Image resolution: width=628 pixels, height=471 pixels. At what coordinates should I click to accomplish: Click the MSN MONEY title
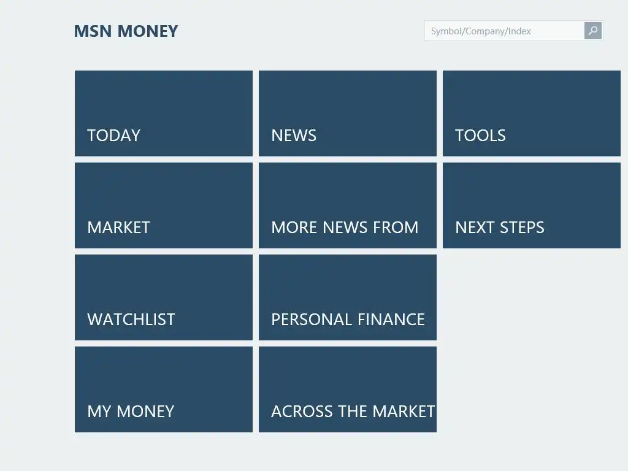tap(126, 31)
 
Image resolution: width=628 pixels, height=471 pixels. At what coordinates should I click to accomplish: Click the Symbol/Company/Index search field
tap(504, 31)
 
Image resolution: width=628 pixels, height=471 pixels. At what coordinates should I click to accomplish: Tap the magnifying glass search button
tap(593, 31)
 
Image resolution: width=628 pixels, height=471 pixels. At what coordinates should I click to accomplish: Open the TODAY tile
tap(163, 113)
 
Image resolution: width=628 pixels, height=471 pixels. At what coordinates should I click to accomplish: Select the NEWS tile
tap(348, 113)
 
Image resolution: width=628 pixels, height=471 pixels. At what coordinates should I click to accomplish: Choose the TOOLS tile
tap(532, 113)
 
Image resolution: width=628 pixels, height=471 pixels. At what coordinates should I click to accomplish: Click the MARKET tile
tap(163, 205)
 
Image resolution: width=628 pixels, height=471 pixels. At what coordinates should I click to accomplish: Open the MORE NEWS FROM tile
tap(348, 205)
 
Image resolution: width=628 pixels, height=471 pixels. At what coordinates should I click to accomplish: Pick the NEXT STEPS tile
tap(532, 205)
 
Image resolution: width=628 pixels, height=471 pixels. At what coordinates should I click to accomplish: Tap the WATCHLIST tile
tap(163, 297)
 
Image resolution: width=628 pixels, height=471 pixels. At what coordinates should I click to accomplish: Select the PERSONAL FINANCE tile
tap(348, 297)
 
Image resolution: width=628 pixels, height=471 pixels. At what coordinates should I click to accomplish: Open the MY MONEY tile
tap(163, 389)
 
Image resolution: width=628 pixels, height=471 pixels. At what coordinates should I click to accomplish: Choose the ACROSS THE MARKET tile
tap(348, 389)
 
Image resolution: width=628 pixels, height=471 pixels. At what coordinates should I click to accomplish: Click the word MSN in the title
tap(93, 31)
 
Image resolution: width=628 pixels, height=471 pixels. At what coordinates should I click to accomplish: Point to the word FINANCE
tap(391, 320)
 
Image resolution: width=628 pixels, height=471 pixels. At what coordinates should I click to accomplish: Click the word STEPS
tap(522, 228)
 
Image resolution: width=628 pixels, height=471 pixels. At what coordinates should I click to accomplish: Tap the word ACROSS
tap(302, 412)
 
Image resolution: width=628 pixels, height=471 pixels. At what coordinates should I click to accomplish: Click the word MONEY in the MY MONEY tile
tap(145, 412)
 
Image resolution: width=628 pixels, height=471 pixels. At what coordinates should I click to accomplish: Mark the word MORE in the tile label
tap(294, 228)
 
